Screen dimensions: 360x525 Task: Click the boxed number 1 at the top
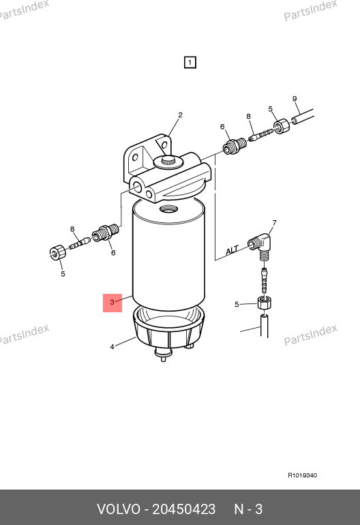(x=190, y=62)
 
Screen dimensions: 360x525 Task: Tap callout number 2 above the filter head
(x=180, y=115)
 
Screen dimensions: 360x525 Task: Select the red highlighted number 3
(x=112, y=302)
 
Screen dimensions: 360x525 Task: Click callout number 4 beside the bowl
(x=112, y=347)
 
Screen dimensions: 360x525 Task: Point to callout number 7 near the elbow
(x=275, y=223)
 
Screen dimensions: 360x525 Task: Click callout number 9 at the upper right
(x=295, y=99)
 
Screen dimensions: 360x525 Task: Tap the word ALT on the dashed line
(x=232, y=250)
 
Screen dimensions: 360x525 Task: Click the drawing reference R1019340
(x=303, y=475)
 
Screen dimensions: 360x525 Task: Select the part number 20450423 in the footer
(x=184, y=509)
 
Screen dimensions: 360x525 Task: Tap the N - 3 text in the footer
(x=248, y=509)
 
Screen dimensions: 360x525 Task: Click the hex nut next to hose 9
(x=282, y=127)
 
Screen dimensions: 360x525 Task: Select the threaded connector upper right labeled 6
(x=235, y=147)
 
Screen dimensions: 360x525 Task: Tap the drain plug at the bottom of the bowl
(x=163, y=355)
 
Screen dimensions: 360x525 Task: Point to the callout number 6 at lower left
(x=113, y=253)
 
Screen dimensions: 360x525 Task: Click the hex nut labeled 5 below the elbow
(x=265, y=303)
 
